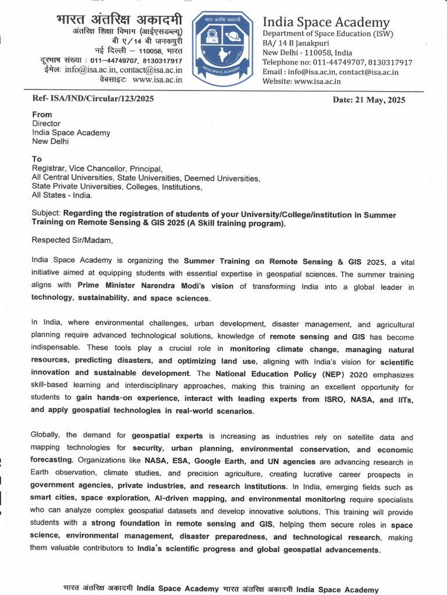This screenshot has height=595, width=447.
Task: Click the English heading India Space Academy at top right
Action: coord(326,22)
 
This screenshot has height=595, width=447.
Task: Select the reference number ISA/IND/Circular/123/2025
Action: coord(93,99)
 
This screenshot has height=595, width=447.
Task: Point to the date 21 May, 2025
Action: coord(369,100)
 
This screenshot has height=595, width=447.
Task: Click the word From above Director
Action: coord(42,115)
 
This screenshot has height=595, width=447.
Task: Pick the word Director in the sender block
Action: coord(46,124)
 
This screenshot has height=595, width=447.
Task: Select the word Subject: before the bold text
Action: coord(46,213)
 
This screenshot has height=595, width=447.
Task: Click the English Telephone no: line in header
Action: coord(337,63)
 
